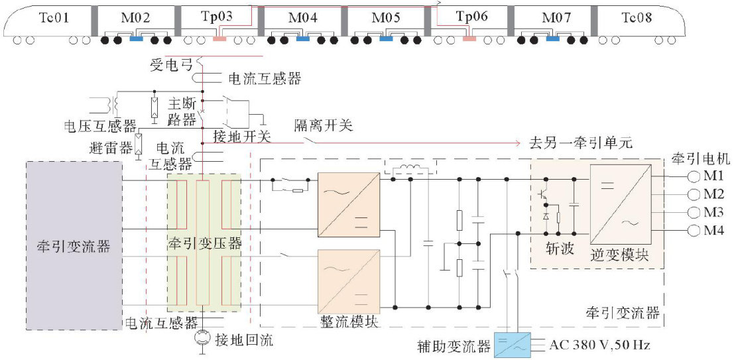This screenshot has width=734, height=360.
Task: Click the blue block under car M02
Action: pos(136,40)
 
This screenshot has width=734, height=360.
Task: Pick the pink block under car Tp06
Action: pos(469,40)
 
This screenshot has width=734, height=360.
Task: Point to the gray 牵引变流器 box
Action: pos(74,245)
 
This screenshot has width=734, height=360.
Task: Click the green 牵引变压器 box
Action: pos(204,243)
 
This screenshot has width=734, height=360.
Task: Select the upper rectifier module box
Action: pos(349,205)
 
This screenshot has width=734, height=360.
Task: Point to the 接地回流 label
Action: pos(243,341)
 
